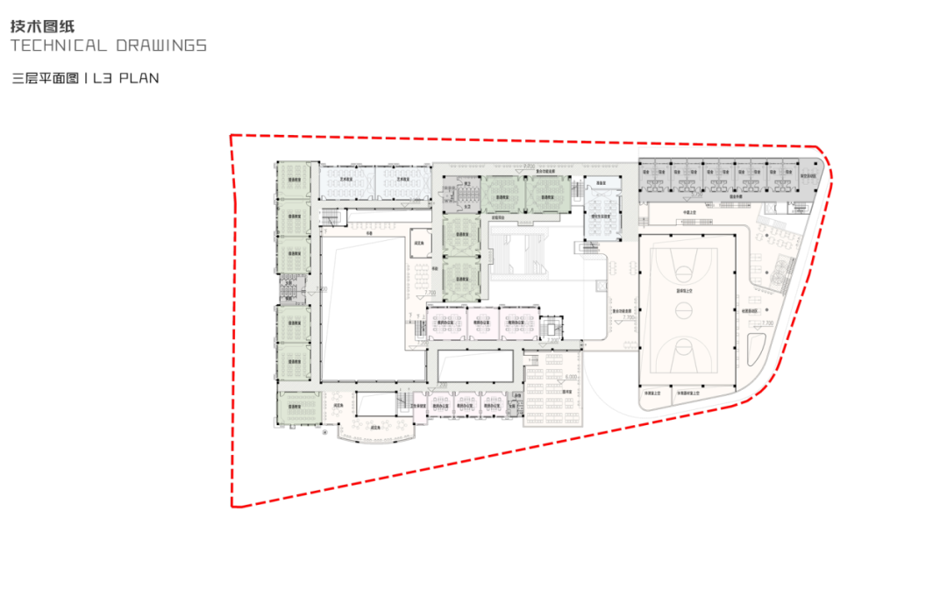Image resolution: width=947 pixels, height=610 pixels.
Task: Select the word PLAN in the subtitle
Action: coord(139,78)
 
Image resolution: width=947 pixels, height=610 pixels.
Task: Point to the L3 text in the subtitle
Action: coord(104,78)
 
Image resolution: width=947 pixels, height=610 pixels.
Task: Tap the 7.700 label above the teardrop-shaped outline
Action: coord(767,323)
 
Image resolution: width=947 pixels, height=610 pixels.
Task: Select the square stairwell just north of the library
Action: coord(551,328)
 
